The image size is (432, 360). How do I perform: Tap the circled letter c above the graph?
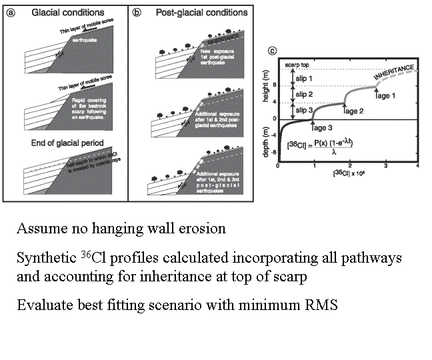[271, 52]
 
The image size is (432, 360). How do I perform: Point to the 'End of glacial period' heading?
[65, 142]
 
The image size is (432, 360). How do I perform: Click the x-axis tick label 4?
[417, 166]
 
